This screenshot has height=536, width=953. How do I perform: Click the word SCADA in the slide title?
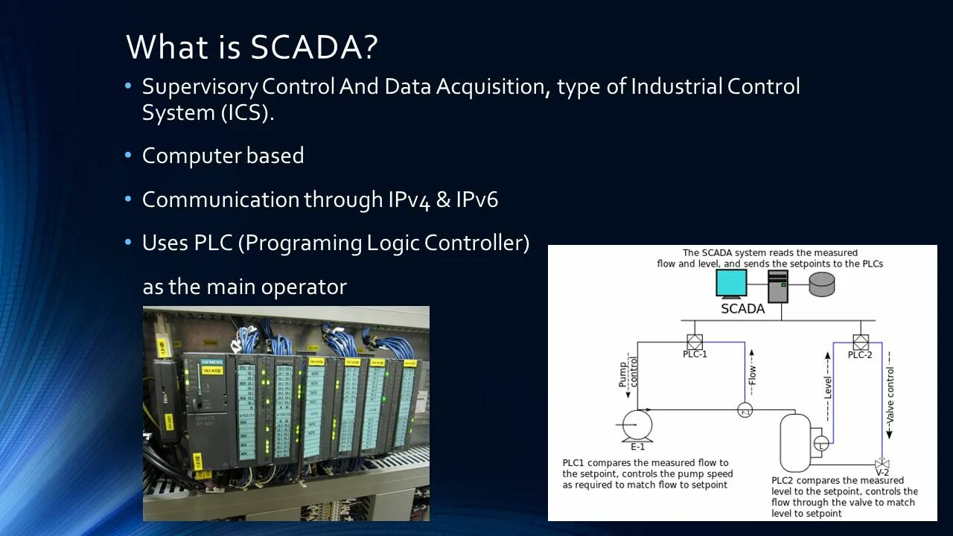click(305, 47)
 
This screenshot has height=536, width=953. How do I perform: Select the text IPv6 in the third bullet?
click(477, 200)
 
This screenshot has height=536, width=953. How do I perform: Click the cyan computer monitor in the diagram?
click(731, 283)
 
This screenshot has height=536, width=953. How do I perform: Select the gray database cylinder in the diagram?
click(822, 284)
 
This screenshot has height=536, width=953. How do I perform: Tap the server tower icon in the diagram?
click(778, 286)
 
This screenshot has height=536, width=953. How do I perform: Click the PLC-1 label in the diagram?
click(695, 354)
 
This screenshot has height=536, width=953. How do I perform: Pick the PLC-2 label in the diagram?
click(860, 354)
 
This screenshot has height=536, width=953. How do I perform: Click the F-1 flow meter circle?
click(745, 411)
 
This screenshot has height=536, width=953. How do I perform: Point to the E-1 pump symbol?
click(637, 424)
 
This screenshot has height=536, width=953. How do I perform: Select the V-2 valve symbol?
click(882, 463)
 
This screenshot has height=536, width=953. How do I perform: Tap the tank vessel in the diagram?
click(794, 442)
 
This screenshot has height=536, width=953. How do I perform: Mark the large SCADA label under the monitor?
click(742, 308)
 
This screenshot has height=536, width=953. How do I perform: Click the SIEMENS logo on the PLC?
click(211, 362)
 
